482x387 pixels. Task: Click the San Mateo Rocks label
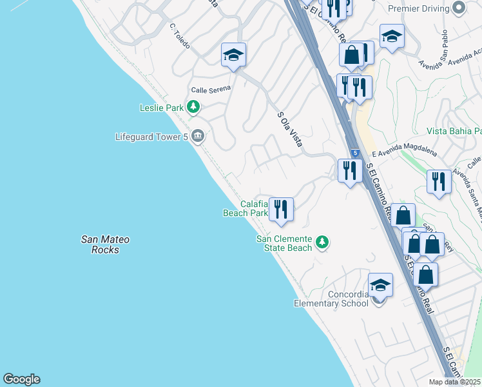[105, 244]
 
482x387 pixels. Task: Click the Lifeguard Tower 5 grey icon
[198, 136]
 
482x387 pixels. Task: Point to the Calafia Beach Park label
[245, 208]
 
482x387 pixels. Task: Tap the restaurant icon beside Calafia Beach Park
[281, 209]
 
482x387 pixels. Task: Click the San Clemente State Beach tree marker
[322, 243]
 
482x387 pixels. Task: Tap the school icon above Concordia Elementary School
[380, 284]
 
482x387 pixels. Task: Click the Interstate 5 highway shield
[355, 153]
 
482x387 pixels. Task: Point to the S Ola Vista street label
[290, 129]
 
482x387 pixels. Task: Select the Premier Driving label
[418, 8]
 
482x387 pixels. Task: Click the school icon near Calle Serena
[233, 55]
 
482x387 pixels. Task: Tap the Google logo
[21, 379]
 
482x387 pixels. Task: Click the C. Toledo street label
[180, 32]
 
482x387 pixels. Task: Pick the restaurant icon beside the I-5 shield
[350, 171]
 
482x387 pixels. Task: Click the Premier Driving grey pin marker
[459, 8]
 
